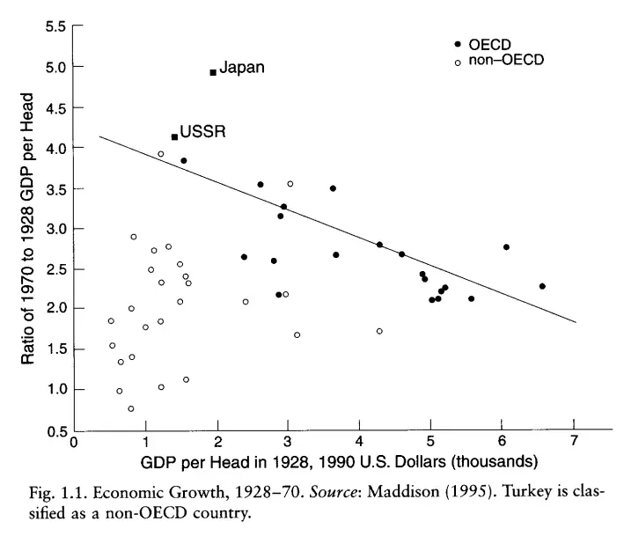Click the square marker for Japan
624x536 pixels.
click(213, 72)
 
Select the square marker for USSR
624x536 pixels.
click(174, 136)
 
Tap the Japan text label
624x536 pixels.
click(241, 68)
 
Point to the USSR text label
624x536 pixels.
click(202, 133)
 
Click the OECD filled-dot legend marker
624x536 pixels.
click(458, 45)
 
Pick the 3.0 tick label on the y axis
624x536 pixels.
click(55, 229)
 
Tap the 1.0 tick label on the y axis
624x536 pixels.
click(55, 390)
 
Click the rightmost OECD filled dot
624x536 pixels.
click(542, 286)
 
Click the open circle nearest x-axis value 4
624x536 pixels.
click(379, 331)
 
